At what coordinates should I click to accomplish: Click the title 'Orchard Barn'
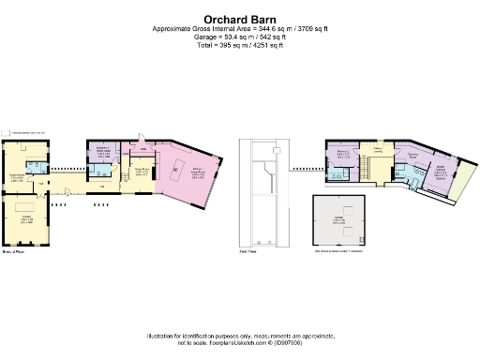[x=239, y=18]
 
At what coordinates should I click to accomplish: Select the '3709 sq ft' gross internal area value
[x=308, y=29]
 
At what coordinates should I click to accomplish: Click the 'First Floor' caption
[x=248, y=252]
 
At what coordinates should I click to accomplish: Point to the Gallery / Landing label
[x=379, y=150]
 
